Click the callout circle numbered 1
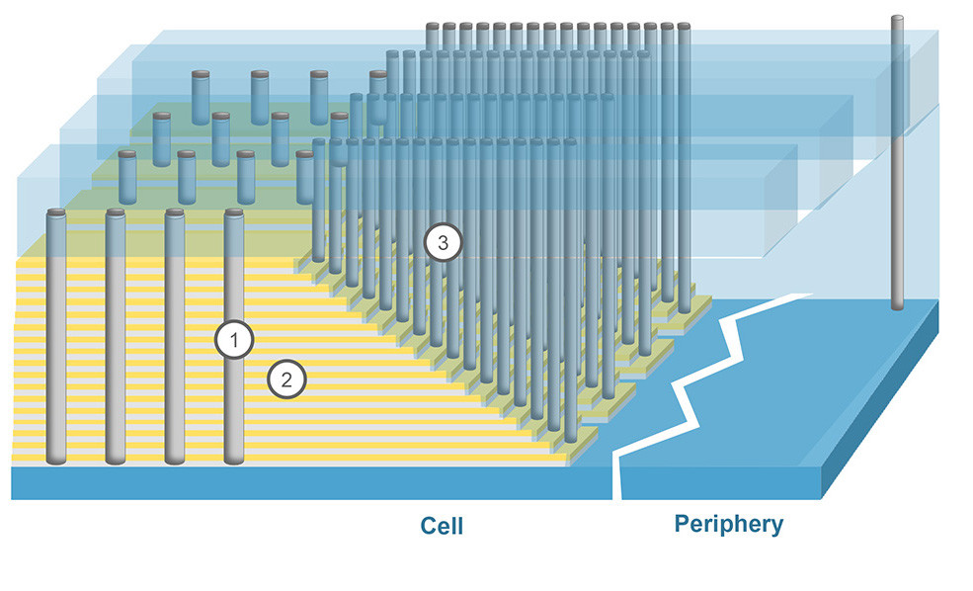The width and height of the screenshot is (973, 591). [x=235, y=341]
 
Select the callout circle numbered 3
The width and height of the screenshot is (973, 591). [x=442, y=240]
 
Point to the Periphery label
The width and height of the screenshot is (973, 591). [x=728, y=524]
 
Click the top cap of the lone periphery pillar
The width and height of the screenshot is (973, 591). [x=898, y=19]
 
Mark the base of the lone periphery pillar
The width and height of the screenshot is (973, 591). [x=898, y=303]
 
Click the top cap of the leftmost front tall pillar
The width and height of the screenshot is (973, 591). [x=56, y=212]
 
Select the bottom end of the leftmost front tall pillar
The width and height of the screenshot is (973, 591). [x=56, y=459]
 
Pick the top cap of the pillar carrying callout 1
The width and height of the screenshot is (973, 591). [x=234, y=212]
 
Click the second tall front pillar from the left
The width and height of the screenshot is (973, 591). [x=116, y=336]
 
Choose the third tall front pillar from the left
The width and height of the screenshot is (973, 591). [x=175, y=336]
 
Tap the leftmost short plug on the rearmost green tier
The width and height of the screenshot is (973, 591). [x=201, y=75]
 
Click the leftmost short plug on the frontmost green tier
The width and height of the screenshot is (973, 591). [x=127, y=155]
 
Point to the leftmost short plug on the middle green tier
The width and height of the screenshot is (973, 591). [x=161, y=116]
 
